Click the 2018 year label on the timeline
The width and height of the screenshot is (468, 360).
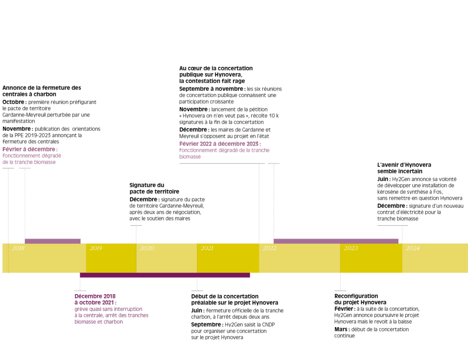click(18, 248)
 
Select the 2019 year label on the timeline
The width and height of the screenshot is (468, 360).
click(96, 248)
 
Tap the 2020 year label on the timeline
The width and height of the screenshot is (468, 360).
click(147, 248)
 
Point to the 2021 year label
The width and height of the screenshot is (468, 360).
click(207, 248)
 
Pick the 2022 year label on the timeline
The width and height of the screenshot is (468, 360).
click(270, 248)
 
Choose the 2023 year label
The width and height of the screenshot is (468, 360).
click(351, 248)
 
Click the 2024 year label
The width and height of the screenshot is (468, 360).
click(413, 248)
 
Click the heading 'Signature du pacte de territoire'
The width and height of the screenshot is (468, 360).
click(148, 188)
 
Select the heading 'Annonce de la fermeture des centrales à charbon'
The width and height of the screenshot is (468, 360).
click(41, 91)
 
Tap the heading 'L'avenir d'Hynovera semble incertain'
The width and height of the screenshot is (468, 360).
click(404, 168)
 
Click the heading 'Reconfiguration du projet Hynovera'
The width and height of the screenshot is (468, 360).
click(356, 299)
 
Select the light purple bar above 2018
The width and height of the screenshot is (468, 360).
click(52, 241)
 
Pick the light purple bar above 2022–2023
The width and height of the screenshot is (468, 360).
click(336, 241)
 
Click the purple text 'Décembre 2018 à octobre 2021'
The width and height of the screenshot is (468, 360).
click(95, 299)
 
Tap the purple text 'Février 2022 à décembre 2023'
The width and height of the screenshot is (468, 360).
click(219, 144)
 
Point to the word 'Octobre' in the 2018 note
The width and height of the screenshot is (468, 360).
click(14, 102)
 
